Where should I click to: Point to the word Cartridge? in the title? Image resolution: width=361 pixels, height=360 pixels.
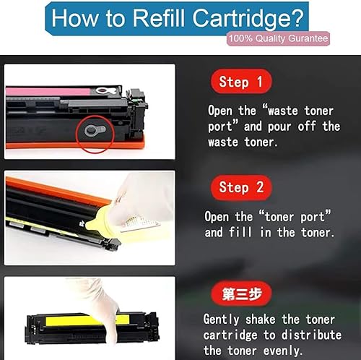coord(245,17)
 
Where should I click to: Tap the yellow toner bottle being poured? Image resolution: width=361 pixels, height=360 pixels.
coord(99,218)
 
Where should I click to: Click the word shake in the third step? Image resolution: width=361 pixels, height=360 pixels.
coord(272,319)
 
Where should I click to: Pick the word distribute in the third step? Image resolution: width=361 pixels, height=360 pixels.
coord(310,335)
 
